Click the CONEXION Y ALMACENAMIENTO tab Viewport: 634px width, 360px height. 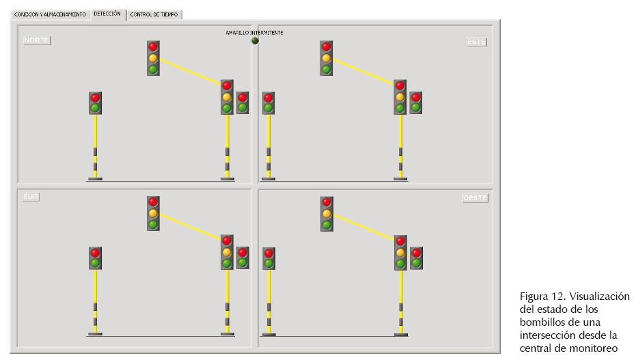51,14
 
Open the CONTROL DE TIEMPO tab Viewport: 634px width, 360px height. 154,14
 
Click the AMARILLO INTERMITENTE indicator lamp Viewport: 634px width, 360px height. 255,40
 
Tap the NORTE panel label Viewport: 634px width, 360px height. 36,40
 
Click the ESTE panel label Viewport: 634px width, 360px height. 476,42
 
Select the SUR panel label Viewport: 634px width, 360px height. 31,197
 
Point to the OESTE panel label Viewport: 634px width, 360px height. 475,198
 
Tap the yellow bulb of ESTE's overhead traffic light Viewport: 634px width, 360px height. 327,58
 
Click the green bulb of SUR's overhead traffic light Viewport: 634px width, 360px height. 153,224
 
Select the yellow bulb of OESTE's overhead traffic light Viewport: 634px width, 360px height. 327,213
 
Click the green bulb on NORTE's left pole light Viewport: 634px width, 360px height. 95,108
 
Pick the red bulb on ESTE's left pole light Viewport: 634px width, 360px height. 268,98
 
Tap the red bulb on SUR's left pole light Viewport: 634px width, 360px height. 95,253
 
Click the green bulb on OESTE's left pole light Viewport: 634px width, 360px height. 268,263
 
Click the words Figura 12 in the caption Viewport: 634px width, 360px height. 541,296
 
